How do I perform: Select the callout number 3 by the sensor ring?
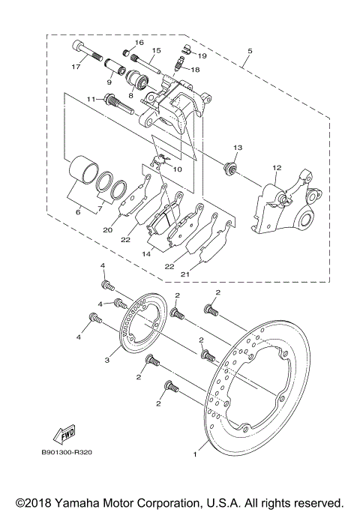click(107, 361)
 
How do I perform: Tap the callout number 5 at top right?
click(248, 52)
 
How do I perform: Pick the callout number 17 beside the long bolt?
click(75, 67)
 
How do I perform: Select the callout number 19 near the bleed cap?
click(202, 55)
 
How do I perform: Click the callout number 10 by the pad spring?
click(176, 170)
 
